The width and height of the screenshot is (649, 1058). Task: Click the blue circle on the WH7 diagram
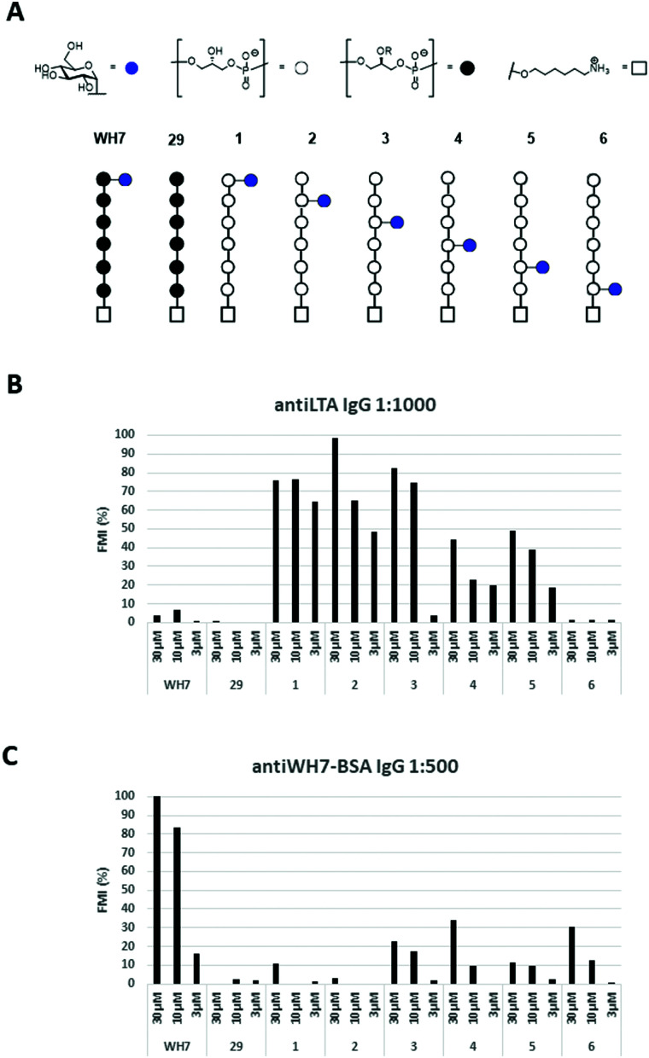pos(126,180)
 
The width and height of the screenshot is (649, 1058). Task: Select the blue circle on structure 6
pos(615,290)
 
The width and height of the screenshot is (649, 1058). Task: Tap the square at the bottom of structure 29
pos(177,315)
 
